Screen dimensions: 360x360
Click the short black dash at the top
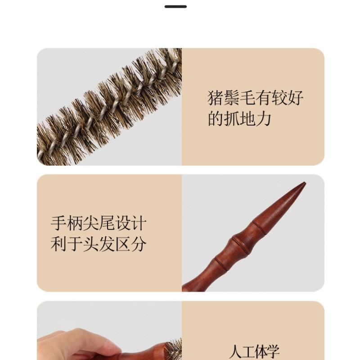tap(175, 6)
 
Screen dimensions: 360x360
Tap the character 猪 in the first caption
tap(216, 98)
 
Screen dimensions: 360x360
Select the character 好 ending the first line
tap(295, 98)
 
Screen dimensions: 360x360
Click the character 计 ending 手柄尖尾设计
tap(138, 223)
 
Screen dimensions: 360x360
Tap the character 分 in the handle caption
tap(138, 244)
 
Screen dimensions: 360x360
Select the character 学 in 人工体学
tap(271, 351)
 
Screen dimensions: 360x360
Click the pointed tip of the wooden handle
tap(304, 184)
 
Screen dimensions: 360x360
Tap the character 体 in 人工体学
tap(260, 351)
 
